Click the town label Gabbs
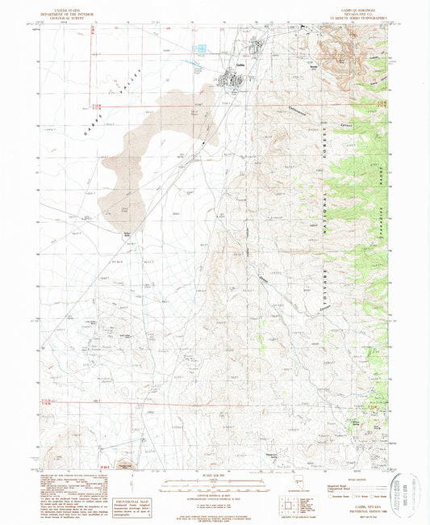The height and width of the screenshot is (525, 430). (x=240, y=66)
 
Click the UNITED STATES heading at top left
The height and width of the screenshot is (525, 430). (x=76, y=8)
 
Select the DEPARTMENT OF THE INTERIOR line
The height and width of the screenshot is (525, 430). (x=76, y=13)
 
